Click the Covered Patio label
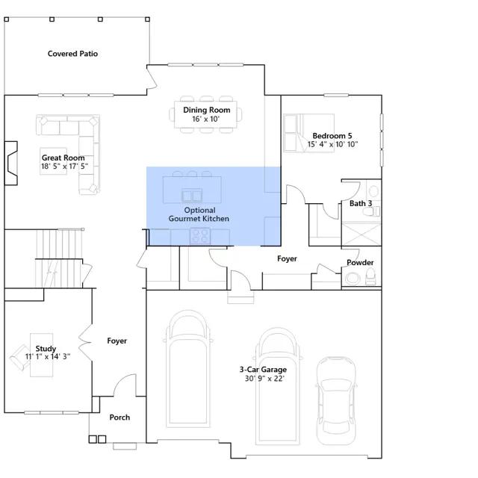72,54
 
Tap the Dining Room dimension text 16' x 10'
206,119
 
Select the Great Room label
63,158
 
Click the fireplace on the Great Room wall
11,163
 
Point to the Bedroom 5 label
332,136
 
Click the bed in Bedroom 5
308,133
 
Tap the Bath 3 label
361,203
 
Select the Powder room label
360,262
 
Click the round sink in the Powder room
353,278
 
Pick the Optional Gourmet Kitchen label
199,214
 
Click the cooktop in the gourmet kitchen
200,236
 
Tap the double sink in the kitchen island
192,196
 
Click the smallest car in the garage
336,400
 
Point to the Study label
46,349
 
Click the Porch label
119,418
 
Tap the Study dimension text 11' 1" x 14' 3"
48,356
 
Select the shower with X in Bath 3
361,235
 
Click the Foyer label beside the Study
117,341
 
